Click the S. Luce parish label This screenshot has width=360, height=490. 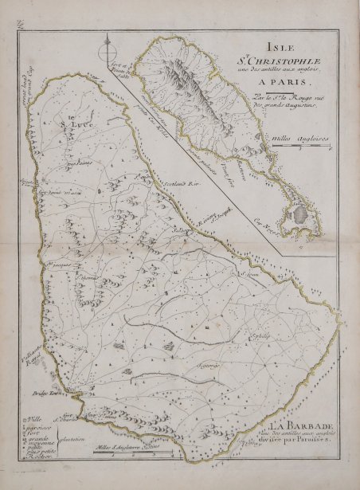[x=66, y=124]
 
